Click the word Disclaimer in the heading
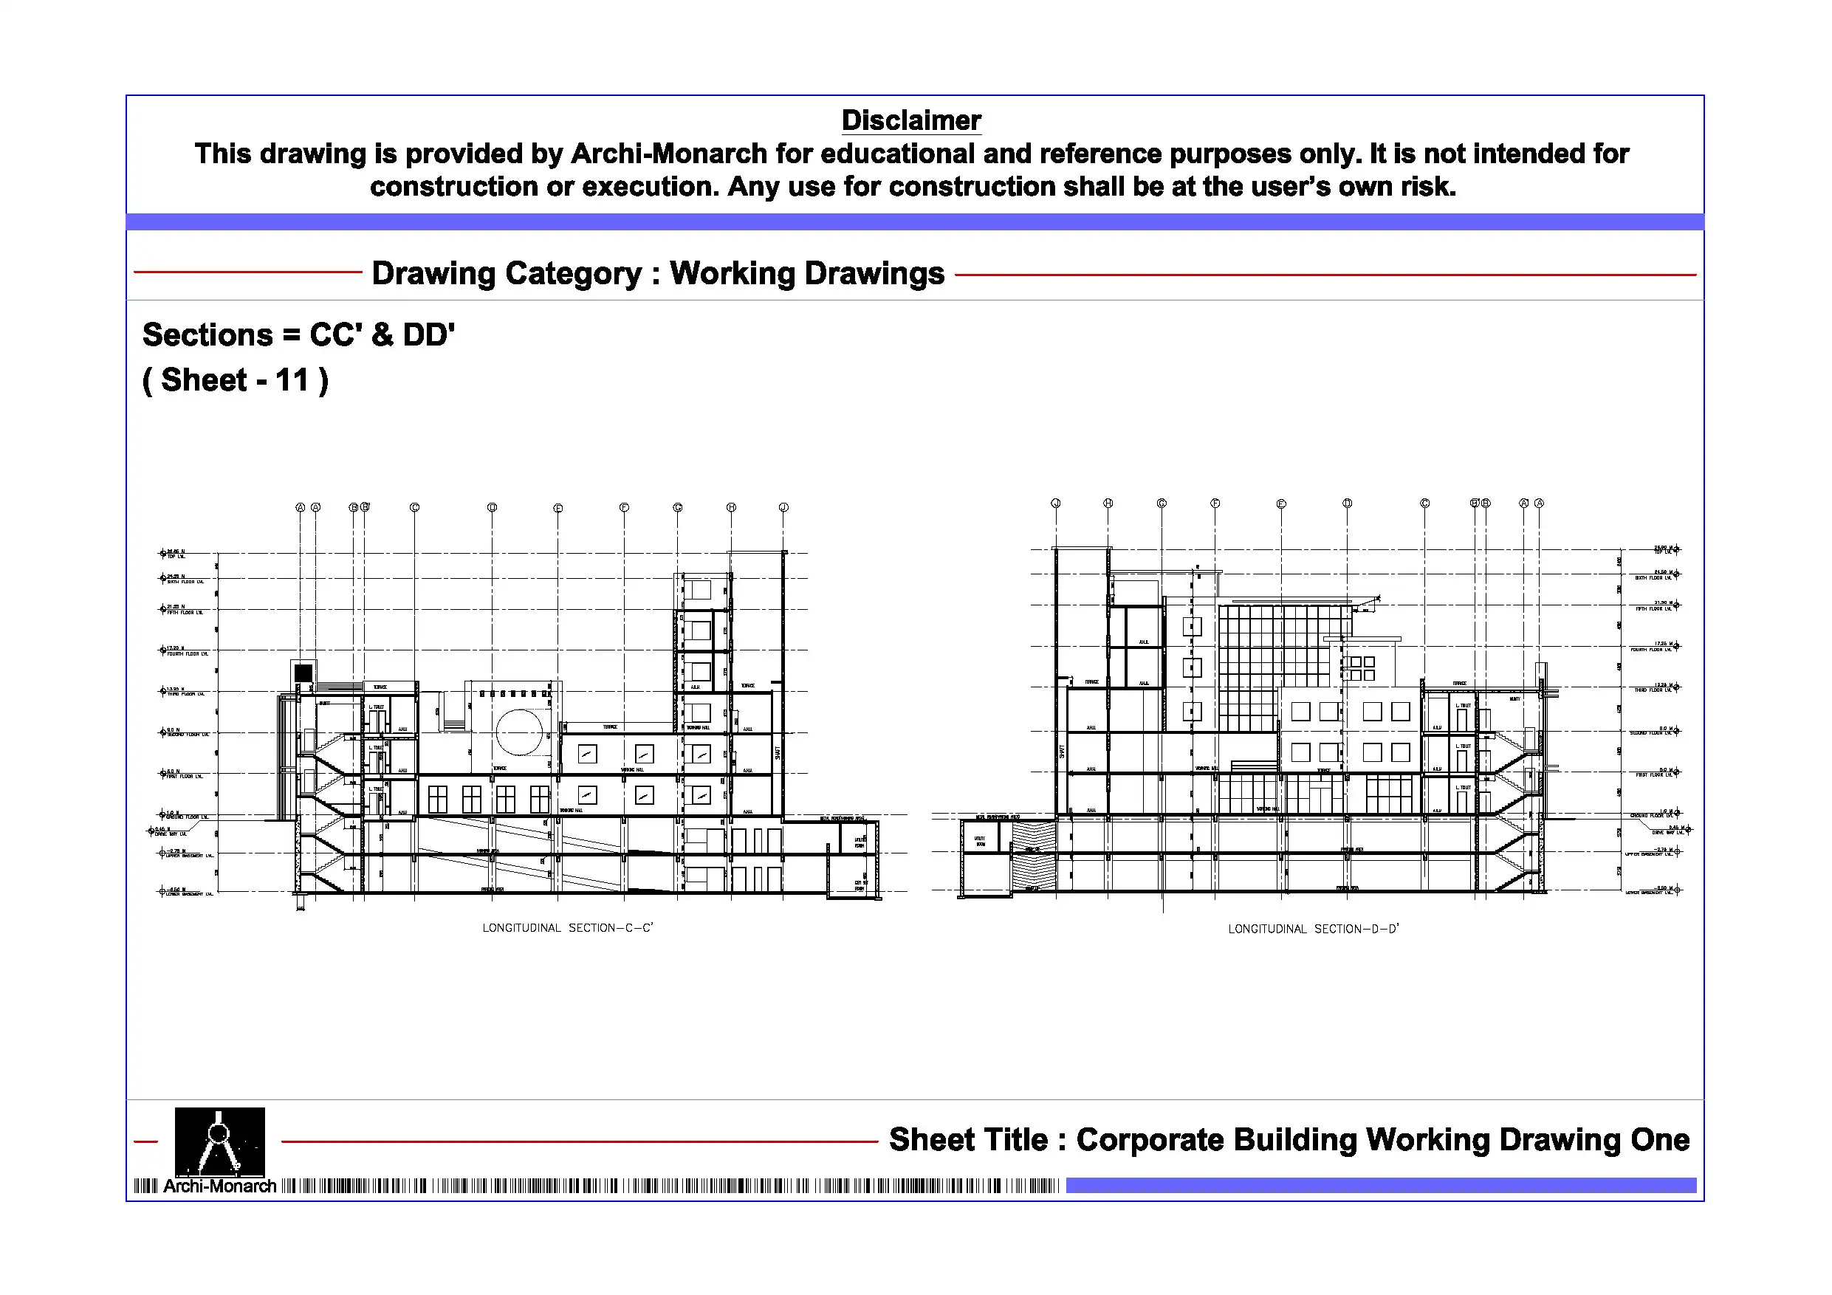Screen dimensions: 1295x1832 pos(910,120)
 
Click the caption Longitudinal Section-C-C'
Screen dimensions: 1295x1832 pos(567,928)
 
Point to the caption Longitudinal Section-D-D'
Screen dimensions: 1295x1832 pos(1314,930)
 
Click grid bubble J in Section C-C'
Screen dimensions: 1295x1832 pos(783,507)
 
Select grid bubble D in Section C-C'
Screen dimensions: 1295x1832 pos(493,507)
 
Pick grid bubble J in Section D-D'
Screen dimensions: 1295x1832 pos(1056,504)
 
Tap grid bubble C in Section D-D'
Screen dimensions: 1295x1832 pos(1424,504)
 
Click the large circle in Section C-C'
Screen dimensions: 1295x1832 pos(519,732)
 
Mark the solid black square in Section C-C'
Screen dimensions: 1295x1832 pos(303,673)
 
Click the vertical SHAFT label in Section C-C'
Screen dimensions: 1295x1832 pos(778,752)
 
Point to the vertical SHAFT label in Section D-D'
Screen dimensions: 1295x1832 pos(1062,752)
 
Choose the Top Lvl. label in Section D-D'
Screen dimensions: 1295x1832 pos(1663,552)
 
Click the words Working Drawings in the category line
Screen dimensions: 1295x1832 pos(806,274)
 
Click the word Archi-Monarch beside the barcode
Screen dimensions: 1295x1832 pos(219,1186)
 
